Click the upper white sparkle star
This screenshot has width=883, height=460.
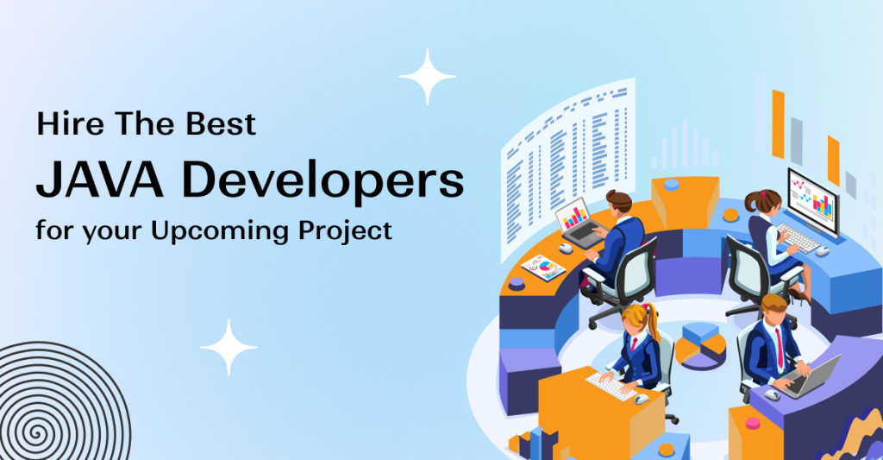[x=427, y=77]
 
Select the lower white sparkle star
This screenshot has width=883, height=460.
[x=229, y=347]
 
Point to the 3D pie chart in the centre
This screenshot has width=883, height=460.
[x=701, y=344]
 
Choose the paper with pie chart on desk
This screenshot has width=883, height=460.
[x=542, y=267]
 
